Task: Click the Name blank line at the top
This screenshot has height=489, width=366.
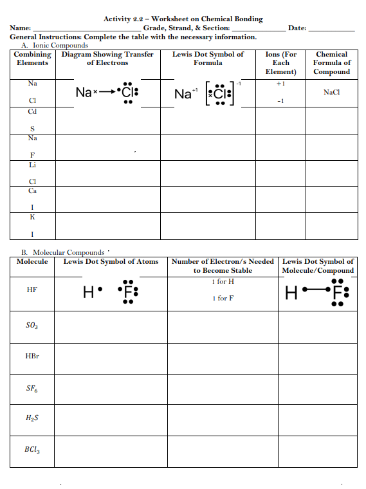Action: (87, 30)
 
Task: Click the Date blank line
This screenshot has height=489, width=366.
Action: (332, 30)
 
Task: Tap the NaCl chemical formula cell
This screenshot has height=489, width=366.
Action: (332, 92)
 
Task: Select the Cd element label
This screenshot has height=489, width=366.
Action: (32, 111)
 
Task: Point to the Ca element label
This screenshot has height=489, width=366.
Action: (32, 191)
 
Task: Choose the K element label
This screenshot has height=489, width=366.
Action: (32, 217)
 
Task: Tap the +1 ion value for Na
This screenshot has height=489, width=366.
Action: (280, 84)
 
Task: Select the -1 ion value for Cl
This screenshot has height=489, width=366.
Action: (280, 102)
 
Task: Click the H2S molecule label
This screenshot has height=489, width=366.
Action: (32, 419)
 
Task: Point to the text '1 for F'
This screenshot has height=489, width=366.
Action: (223, 298)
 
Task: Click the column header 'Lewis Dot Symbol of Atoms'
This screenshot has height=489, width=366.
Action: (111, 262)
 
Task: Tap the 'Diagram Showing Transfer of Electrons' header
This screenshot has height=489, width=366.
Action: (107, 59)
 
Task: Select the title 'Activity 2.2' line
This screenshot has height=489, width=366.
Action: (183, 19)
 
